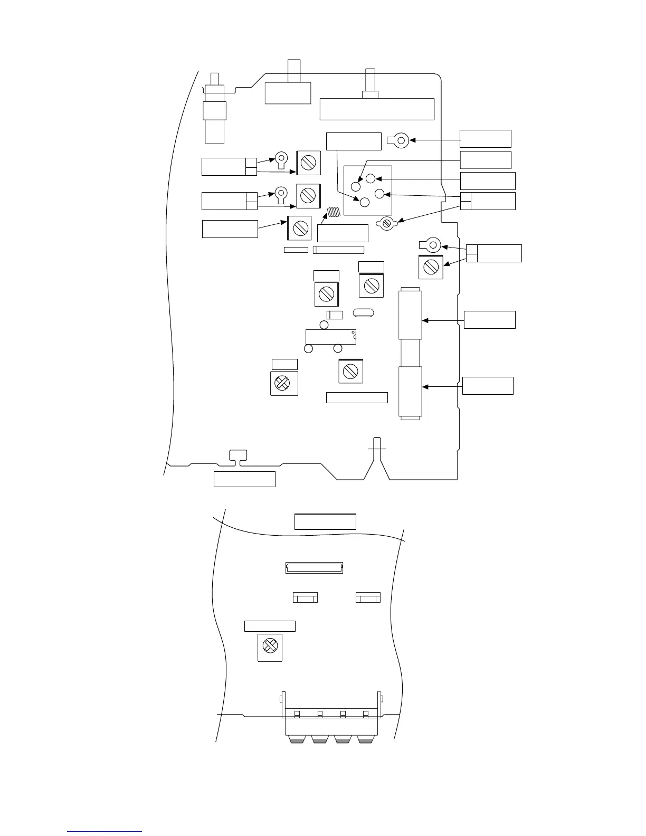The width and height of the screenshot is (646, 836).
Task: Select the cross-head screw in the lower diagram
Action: point(270,645)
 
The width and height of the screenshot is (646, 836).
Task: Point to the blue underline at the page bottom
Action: point(105,831)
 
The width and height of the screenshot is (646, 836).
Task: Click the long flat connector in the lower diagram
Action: point(314,568)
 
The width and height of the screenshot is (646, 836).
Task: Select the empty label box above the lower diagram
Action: point(325,521)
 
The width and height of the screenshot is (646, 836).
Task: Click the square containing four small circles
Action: point(367,191)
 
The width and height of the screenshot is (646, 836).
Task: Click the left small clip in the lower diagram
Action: point(305,597)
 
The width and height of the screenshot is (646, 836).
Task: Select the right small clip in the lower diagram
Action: point(368,597)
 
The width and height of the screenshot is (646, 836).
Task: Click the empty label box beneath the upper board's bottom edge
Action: point(244,479)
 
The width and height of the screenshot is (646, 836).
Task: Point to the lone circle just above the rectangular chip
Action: point(324,325)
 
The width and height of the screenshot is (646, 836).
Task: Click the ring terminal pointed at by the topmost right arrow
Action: point(400,140)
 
